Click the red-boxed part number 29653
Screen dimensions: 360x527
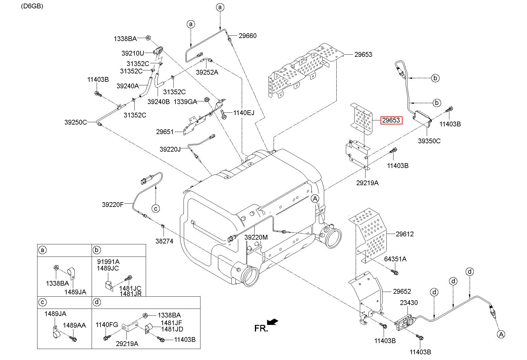point(391,120)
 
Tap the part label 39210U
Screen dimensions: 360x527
point(133,53)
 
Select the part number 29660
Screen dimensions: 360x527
point(247,36)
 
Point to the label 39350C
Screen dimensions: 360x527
point(429,141)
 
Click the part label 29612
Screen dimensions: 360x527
point(404,234)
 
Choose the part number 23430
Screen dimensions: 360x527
point(409,303)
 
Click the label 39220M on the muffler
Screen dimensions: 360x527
point(256,237)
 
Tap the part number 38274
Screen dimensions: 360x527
point(164,241)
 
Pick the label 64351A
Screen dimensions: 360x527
point(395,259)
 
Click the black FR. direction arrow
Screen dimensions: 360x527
point(272,322)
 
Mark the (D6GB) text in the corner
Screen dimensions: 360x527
point(32,6)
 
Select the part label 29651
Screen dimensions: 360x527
point(165,132)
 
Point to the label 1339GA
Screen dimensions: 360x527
point(185,102)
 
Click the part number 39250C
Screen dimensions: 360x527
point(76,122)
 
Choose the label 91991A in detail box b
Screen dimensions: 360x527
point(108,262)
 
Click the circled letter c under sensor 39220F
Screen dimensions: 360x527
point(155,208)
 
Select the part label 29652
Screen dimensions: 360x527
point(402,292)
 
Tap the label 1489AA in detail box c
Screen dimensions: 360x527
point(74,325)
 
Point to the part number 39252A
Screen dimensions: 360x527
point(207,72)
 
